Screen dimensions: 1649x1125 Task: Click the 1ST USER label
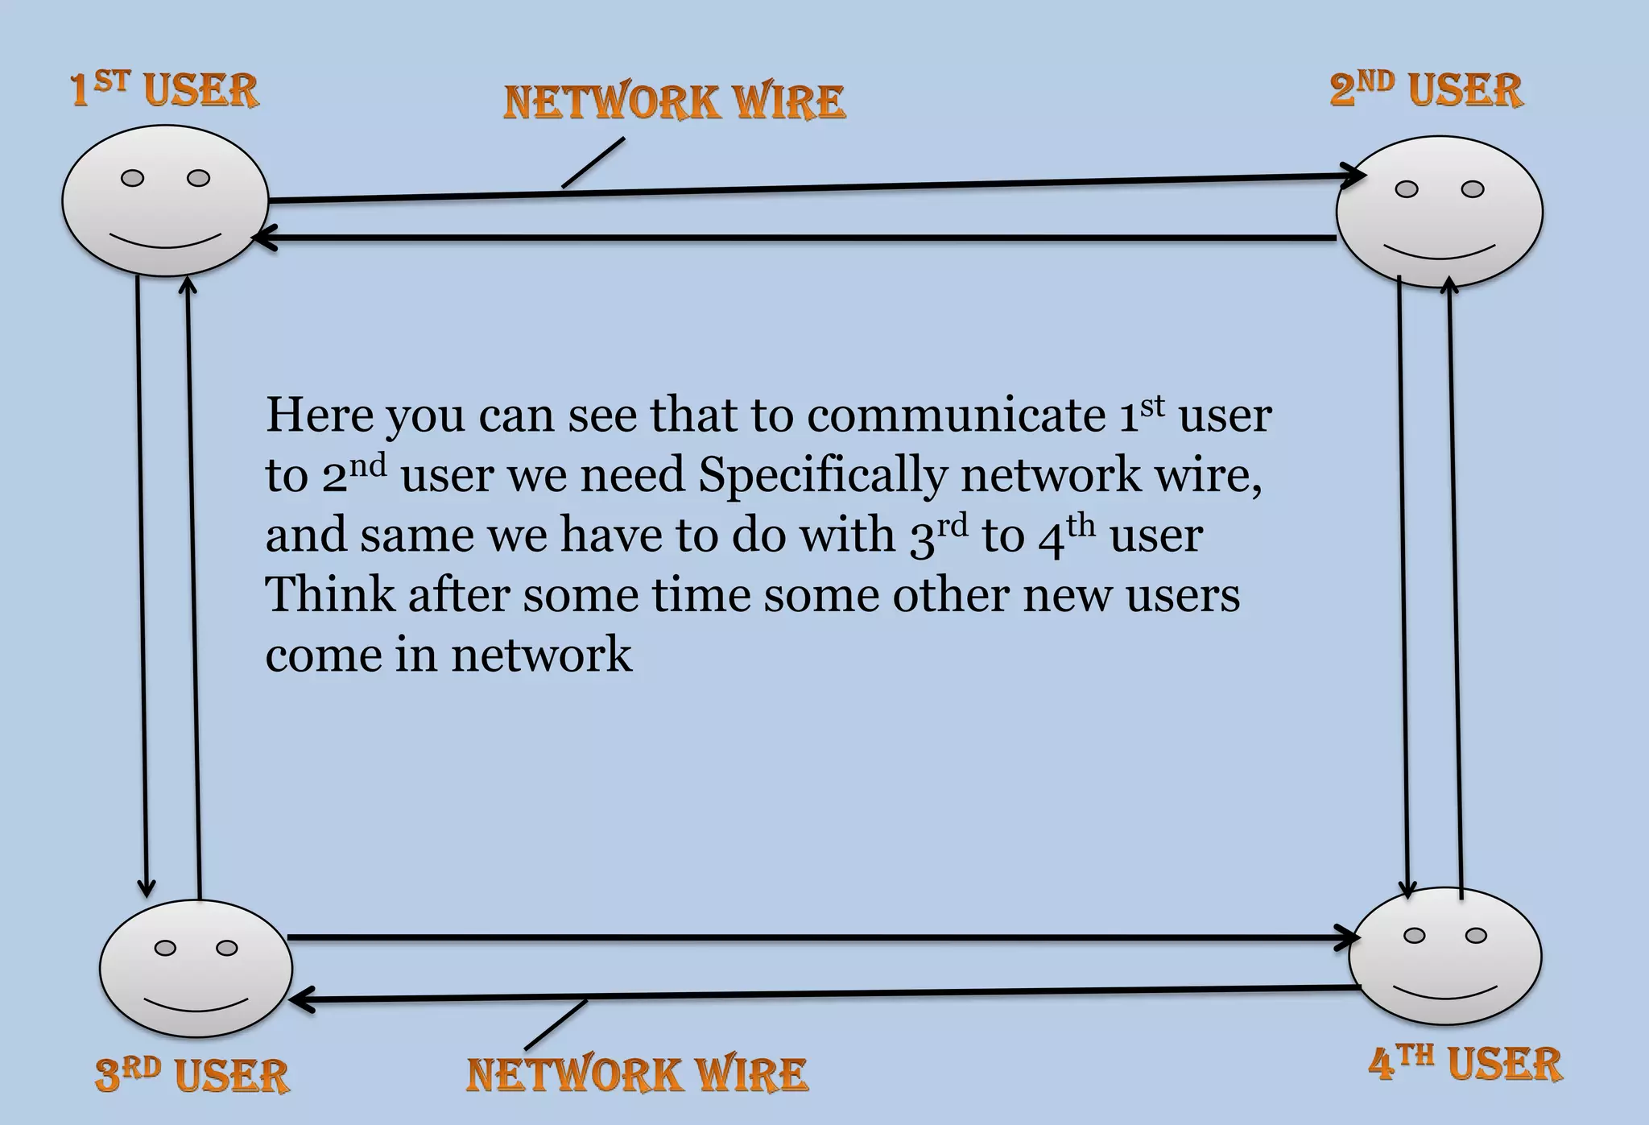164,89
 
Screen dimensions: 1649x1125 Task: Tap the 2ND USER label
1426,89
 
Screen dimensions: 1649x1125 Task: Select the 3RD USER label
192,1074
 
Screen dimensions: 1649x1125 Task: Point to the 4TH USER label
1465,1063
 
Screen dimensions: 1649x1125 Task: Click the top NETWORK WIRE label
674,103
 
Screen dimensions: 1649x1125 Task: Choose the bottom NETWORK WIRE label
637,1074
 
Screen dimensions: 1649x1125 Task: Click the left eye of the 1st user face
132,178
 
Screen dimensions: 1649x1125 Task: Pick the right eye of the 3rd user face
227,948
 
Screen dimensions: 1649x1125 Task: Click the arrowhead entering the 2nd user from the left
1354,176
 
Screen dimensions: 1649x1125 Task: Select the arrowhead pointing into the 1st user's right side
262,238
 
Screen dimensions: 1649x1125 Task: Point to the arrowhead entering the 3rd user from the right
300,1000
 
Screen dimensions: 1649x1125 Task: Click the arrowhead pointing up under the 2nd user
1449,284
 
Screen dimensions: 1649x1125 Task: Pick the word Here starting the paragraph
320,416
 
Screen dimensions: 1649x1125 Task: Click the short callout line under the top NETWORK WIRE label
593,163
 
